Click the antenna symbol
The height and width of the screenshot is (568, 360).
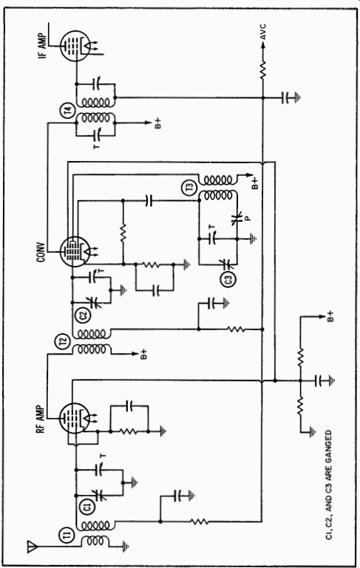(x=33, y=547)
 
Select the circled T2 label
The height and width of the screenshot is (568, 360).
(x=64, y=341)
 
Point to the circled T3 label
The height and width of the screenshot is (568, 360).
(x=190, y=188)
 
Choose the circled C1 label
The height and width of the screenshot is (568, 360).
(x=88, y=506)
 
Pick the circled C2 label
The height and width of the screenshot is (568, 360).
(x=84, y=314)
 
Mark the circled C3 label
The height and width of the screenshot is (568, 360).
(x=229, y=279)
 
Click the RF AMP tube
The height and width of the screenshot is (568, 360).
(x=74, y=417)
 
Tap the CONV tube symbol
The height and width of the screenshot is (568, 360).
(x=75, y=251)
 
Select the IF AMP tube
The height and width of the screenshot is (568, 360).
(x=75, y=46)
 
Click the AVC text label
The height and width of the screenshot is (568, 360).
(x=264, y=32)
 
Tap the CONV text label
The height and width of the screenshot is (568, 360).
(x=40, y=251)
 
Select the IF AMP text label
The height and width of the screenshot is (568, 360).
(x=44, y=46)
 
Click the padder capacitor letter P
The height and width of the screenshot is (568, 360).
(x=248, y=219)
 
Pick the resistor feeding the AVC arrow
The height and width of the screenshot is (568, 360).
(x=263, y=69)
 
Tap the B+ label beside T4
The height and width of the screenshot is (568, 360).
(x=158, y=123)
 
